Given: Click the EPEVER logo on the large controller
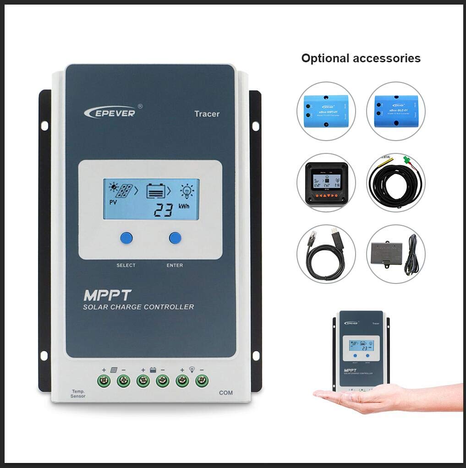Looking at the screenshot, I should coord(110,111).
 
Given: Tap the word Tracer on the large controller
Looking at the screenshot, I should coord(207,114).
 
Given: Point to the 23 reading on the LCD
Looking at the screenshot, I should coord(164,210).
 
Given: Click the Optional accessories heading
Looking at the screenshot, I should coord(361,58).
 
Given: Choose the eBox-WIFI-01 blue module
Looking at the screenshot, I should coord(326,111).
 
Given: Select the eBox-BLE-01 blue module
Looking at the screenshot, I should coord(395,111).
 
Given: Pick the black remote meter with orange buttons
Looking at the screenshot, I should coord(326,182).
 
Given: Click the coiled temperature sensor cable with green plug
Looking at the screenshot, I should coord(395,182).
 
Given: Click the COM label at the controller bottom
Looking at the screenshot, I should coord(226,392).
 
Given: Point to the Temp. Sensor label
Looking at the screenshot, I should coord(78,393).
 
